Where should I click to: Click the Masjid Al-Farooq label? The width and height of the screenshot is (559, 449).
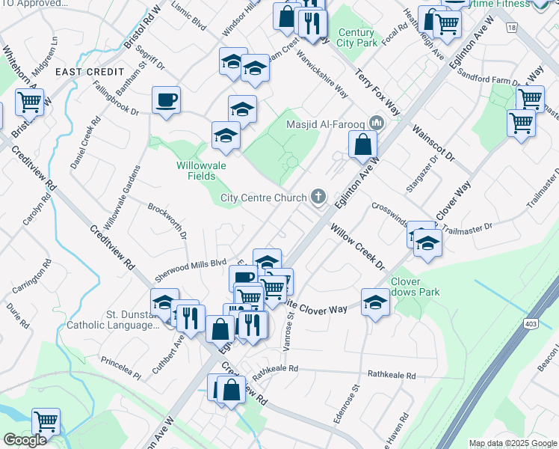tap(326, 123)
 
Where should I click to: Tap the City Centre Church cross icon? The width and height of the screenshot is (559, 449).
tap(319, 198)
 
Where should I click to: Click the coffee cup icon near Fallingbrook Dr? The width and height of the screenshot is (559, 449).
tap(166, 100)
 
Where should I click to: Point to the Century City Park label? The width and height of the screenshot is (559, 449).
tap(356, 38)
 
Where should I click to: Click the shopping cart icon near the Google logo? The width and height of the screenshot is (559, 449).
tap(46, 422)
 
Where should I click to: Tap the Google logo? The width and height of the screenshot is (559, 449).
tap(25, 440)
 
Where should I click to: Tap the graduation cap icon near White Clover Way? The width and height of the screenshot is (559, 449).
tap(375, 302)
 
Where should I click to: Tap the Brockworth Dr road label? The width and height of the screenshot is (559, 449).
tap(167, 221)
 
